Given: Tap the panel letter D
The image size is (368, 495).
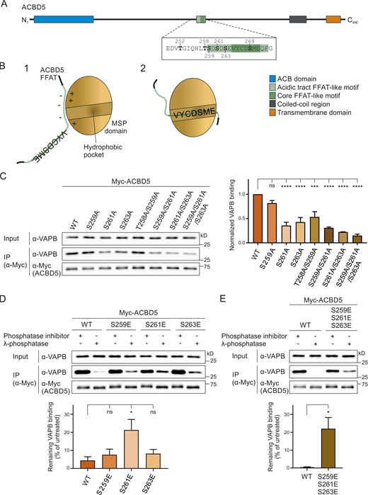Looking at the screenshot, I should coord(5,280).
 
